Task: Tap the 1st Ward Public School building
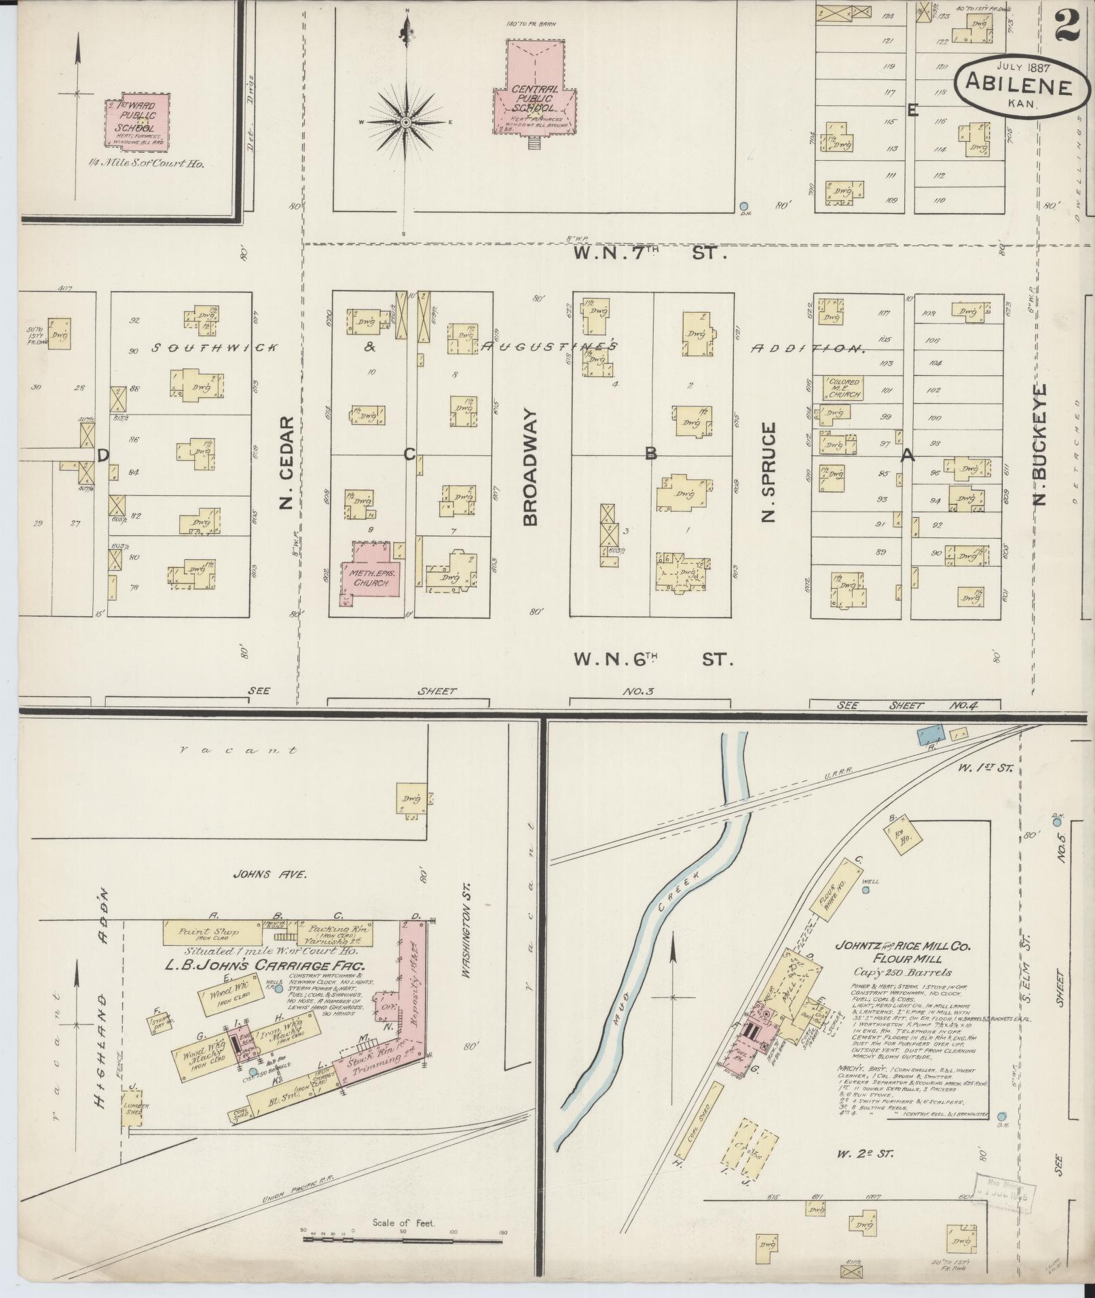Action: (x=136, y=121)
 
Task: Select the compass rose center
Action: (x=405, y=122)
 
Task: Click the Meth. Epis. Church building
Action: (x=370, y=573)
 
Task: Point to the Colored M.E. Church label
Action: (x=844, y=387)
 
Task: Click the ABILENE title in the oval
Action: (x=1019, y=87)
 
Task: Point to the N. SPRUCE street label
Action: (x=768, y=472)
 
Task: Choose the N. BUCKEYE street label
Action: (x=1039, y=446)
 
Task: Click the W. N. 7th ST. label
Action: (x=649, y=254)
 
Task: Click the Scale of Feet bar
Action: (x=405, y=1239)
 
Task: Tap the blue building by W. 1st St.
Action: (x=930, y=733)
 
